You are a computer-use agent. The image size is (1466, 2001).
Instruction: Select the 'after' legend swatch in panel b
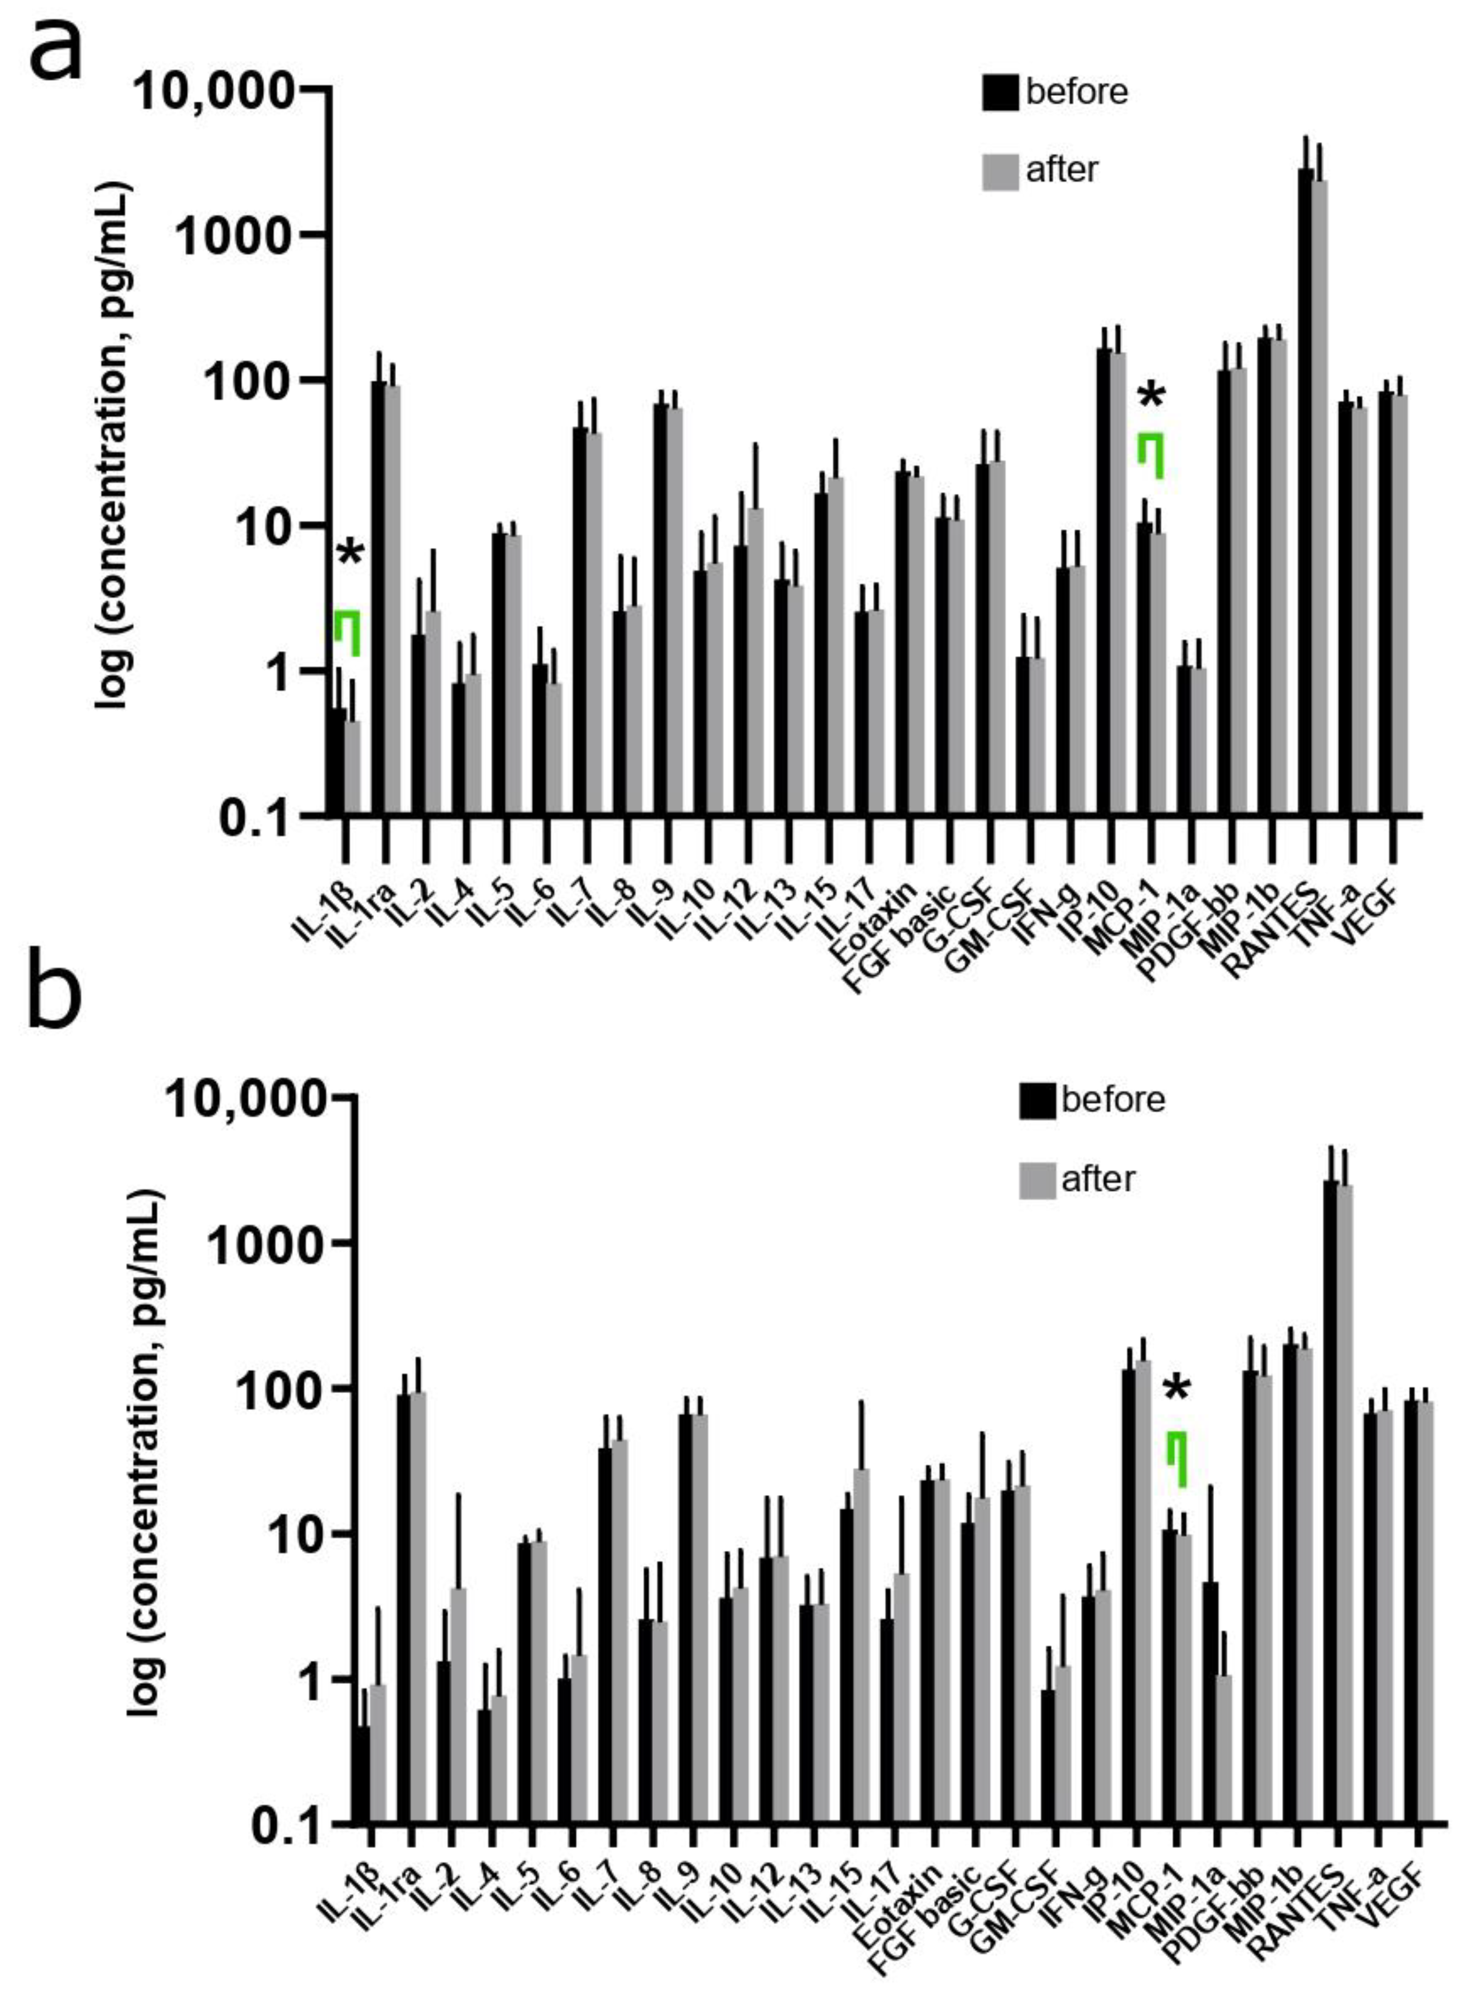tap(1037, 1181)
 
